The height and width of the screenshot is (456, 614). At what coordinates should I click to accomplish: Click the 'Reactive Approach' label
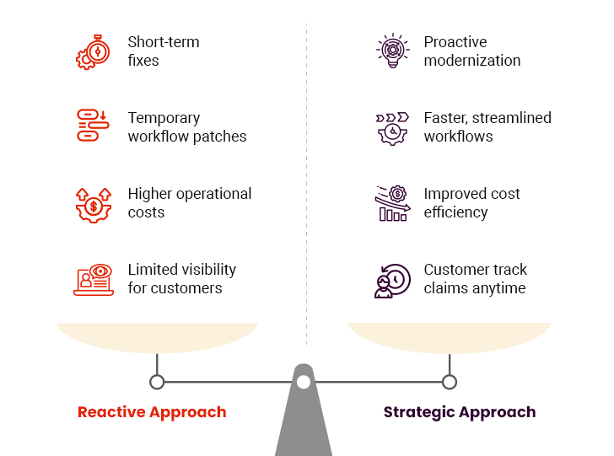pos(152,412)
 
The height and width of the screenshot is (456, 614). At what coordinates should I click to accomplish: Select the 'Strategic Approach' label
pos(460,412)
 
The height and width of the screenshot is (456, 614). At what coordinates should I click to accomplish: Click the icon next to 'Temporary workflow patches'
pos(94,126)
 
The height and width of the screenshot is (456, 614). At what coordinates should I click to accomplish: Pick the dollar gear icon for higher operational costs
pos(94,203)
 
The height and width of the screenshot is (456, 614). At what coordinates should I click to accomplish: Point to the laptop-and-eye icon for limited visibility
pos(94,279)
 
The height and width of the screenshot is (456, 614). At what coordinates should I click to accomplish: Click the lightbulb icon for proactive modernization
pos(392,51)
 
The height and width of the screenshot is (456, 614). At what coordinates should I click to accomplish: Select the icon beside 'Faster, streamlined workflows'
pos(392,127)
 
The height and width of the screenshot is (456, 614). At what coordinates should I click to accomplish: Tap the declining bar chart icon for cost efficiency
pos(392,203)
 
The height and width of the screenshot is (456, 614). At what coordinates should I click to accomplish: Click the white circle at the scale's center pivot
pos(304,382)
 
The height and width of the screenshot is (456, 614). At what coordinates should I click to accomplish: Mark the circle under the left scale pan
pos(157,382)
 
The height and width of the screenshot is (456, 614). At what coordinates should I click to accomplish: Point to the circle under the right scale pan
pos(450,382)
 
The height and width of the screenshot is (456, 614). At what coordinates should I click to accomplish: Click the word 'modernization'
pos(472,61)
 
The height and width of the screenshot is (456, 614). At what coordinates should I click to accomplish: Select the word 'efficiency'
pos(455,212)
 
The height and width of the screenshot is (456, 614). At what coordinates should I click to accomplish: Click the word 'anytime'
pos(498,288)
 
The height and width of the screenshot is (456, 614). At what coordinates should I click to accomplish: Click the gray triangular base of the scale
pos(304,426)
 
